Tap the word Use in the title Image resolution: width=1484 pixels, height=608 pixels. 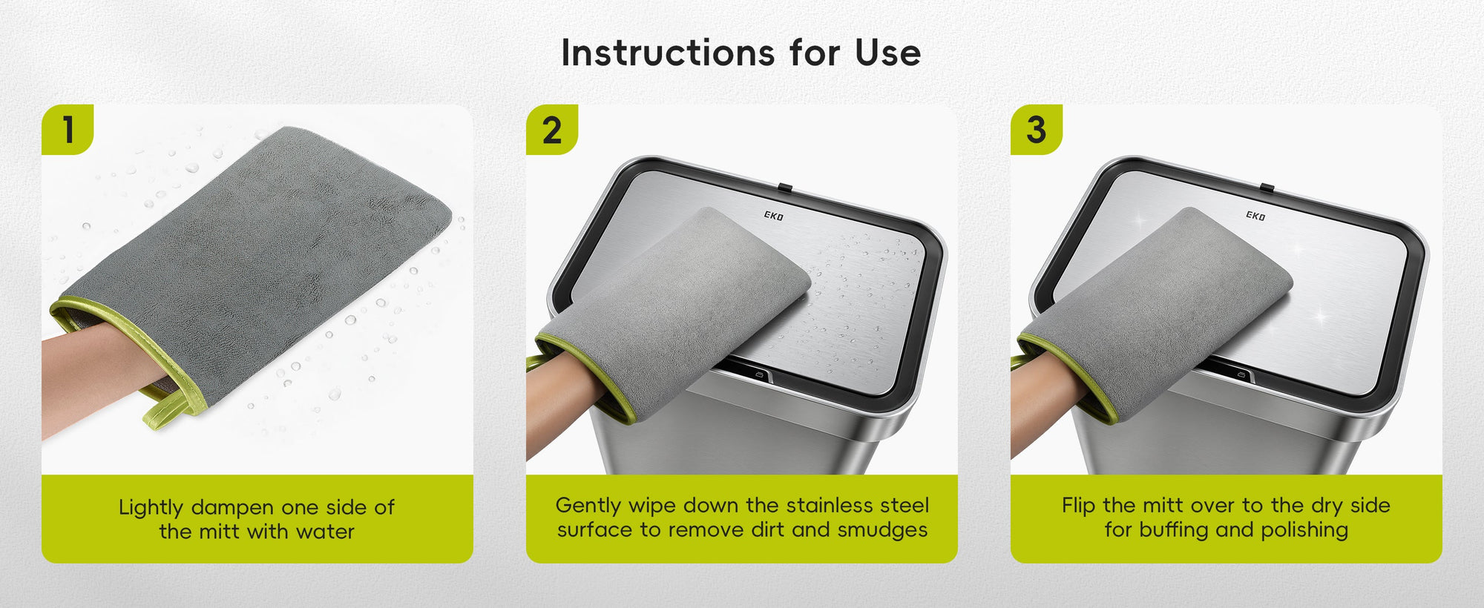point(888,53)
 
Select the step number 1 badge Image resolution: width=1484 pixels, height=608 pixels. point(68,130)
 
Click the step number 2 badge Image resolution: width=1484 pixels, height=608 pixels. point(552,130)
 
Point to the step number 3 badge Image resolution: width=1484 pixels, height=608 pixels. point(1037,130)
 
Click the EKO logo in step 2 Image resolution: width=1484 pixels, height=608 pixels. point(773,216)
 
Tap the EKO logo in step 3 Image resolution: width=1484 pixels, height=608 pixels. point(1255,216)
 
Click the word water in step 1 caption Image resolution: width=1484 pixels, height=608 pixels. point(325,532)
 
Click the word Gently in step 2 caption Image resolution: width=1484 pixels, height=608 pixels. point(589,506)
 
